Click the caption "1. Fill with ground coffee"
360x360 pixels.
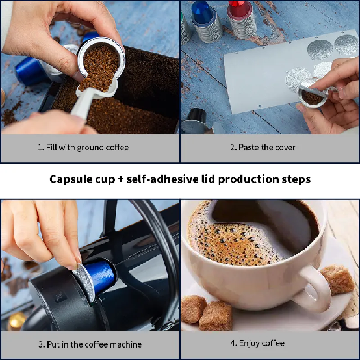tap(83, 148)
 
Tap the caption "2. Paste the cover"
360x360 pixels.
tap(263, 147)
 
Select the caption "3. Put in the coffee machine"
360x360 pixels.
tap(90, 344)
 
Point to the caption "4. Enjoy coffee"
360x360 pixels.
tap(257, 344)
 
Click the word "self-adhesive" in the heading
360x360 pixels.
tap(162, 179)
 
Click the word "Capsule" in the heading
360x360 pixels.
tap(71, 179)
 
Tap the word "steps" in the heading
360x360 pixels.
tap(296, 179)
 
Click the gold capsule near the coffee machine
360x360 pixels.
tap(16, 321)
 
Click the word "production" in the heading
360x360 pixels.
tap(248, 179)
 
